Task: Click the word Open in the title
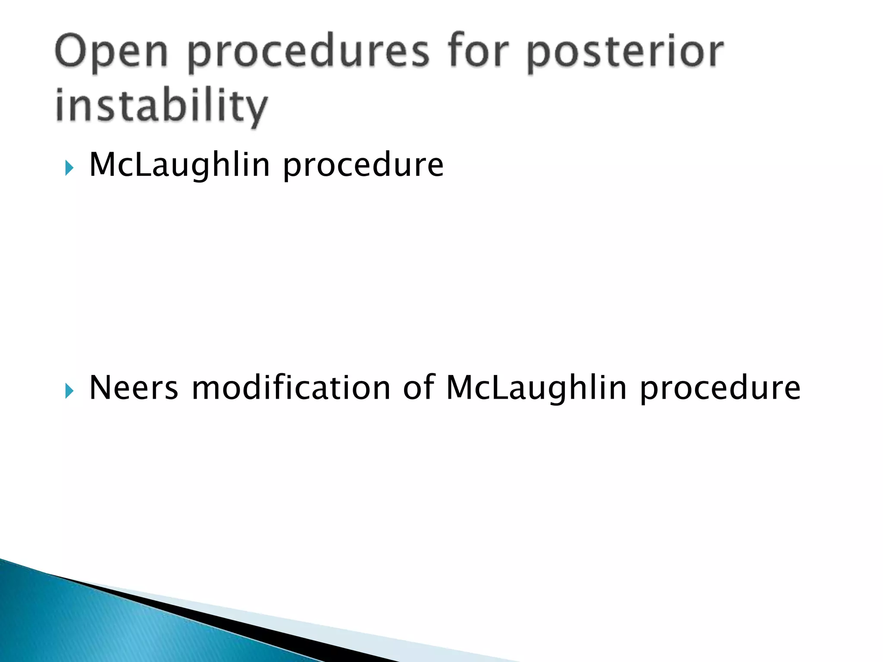[111, 53]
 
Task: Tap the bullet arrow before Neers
[69, 391]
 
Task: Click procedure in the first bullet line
[363, 166]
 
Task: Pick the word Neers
[133, 388]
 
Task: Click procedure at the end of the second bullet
[720, 389]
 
